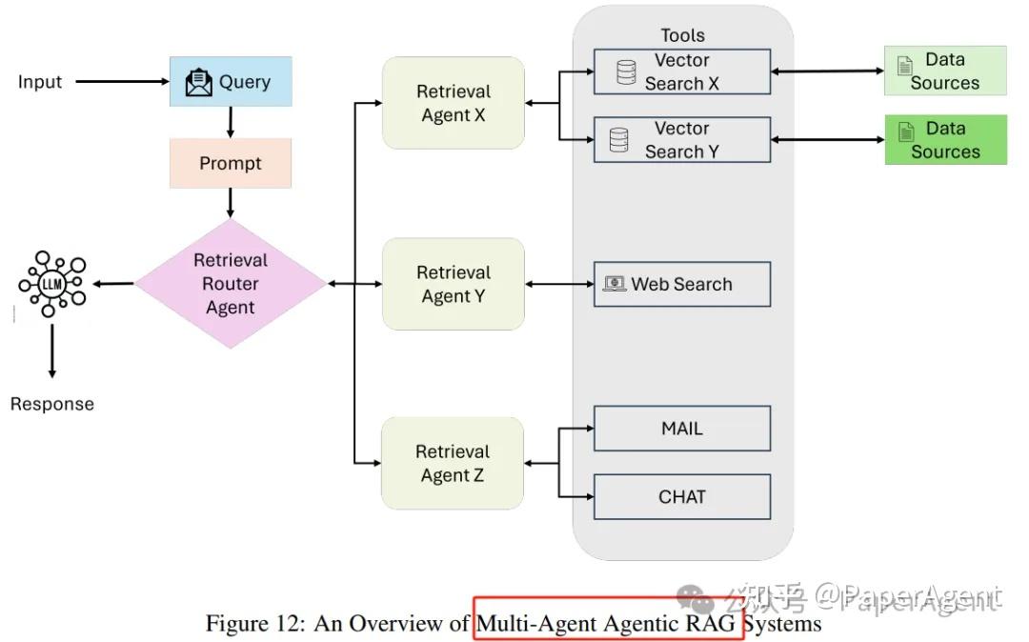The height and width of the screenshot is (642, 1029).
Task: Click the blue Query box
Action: [x=231, y=82]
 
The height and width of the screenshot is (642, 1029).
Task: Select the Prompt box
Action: [x=231, y=163]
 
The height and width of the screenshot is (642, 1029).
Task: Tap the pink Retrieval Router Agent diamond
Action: [x=231, y=284]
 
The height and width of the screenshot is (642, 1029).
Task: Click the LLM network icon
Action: [x=51, y=284]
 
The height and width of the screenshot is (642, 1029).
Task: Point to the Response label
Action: [x=52, y=404]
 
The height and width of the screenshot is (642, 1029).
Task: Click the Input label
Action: [x=40, y=82]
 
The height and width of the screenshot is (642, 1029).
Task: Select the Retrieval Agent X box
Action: [x=454, y=103]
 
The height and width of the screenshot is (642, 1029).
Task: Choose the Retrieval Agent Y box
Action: [x=454, y=284]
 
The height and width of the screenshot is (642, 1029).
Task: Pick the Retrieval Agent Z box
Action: [x=454, y=463]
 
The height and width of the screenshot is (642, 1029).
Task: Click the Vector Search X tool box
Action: [x=682, y=71]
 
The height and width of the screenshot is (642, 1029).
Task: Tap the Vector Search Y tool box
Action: [x=682, y=140]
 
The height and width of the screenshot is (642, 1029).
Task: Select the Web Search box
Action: [x=682, y=284]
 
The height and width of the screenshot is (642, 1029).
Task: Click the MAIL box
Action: [x=682, y=429]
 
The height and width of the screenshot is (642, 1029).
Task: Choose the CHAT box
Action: [x=682, y=496]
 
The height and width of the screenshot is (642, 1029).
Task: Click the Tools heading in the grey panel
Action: [x=683, y=35]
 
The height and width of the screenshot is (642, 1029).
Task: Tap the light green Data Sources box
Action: [x=945, y=71]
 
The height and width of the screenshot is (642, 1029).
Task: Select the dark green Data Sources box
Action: [x=945, y=140]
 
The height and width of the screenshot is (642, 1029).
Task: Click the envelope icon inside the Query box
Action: [x=199, y=83]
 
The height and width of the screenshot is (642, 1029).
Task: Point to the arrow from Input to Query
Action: [x=121, y=82]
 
